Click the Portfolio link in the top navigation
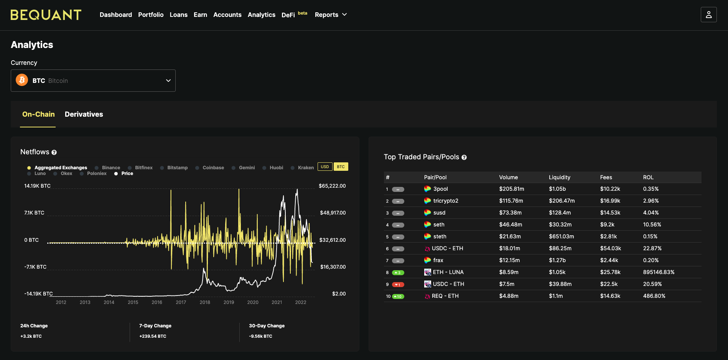[x=151, y=15]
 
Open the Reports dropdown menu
[x=331, y=15]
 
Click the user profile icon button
[x=708, y=15]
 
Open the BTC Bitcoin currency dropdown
[x=93, y=81]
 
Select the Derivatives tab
[x=84, y=114]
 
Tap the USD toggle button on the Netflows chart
[x=325, y=167]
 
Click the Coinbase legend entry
[x=210, y=168]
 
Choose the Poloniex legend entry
[x=93, y=173]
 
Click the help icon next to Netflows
[x=54, y=152]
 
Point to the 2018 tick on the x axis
[x=205, y=302]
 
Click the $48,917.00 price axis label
[x=333, y=213]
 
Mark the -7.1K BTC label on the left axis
[x=35, y=267]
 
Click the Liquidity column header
[x=560, y=177]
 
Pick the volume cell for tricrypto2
[x=511, y=201]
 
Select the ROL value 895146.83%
[x=659, y=272]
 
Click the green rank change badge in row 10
[x=398, y=296]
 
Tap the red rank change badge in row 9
[x=398, y=284]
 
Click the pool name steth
[x=440, y=236]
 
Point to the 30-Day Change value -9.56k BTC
[x=260, y=336]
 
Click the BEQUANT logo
[x=46, y=15]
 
